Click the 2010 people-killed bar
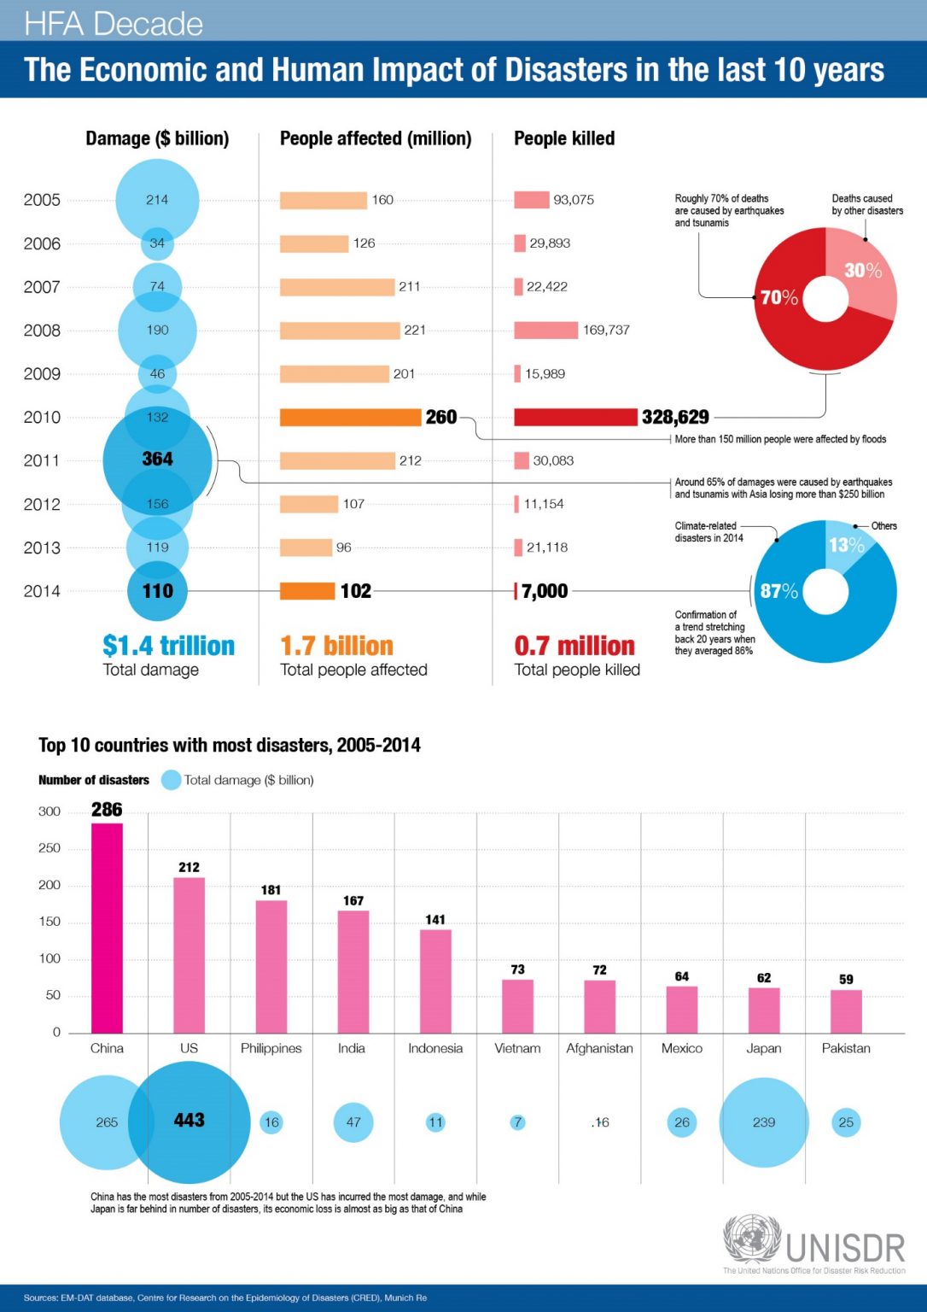click(575, 417)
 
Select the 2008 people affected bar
click(340, 331)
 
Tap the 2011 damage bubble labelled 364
click(157, 460)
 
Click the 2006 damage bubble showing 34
click(157, 243)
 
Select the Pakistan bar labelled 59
click(846, 1011)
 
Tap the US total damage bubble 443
click(189, 1121)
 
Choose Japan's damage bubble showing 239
click(764, 1122)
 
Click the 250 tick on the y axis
click(50, 848)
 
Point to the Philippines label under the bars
click(271, 1048)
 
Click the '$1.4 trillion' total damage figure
click(168, 646)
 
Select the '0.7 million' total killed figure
click(574, 646)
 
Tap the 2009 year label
click(42, 374)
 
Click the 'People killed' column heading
click(564, 138)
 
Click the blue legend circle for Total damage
click(171, 780)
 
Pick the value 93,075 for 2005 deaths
click(574, 200)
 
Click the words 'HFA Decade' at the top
click(114, 24)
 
